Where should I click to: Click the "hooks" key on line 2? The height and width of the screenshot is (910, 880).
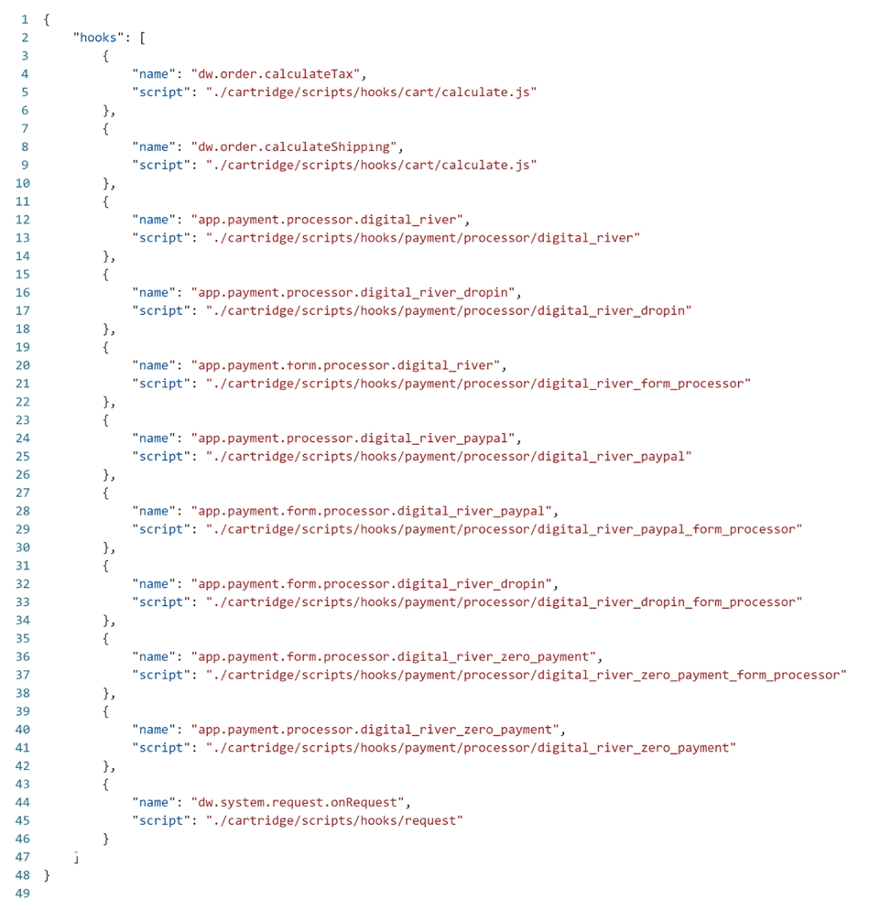pos(99,38)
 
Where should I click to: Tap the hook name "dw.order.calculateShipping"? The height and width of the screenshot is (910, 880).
pos(297,146)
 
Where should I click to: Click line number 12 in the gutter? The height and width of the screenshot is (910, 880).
pos(23,220)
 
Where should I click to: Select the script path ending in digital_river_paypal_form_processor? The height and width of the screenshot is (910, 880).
pos(504,529)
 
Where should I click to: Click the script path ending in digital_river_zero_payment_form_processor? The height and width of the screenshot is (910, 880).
pos(526,675)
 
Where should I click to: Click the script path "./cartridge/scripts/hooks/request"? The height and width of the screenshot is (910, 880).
pos(334,820)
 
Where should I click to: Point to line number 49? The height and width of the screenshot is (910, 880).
pos(23,894)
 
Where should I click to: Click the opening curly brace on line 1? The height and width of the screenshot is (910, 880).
pos(47,19)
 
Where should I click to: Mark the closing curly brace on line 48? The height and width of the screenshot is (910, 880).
pos(47,875)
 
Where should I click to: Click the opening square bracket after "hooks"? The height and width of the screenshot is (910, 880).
pos(143,38)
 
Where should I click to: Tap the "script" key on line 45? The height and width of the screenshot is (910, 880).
pos(161,820)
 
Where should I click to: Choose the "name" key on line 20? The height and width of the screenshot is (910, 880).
pos(154,365)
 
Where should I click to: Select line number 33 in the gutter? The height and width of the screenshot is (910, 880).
pos(23,601)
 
